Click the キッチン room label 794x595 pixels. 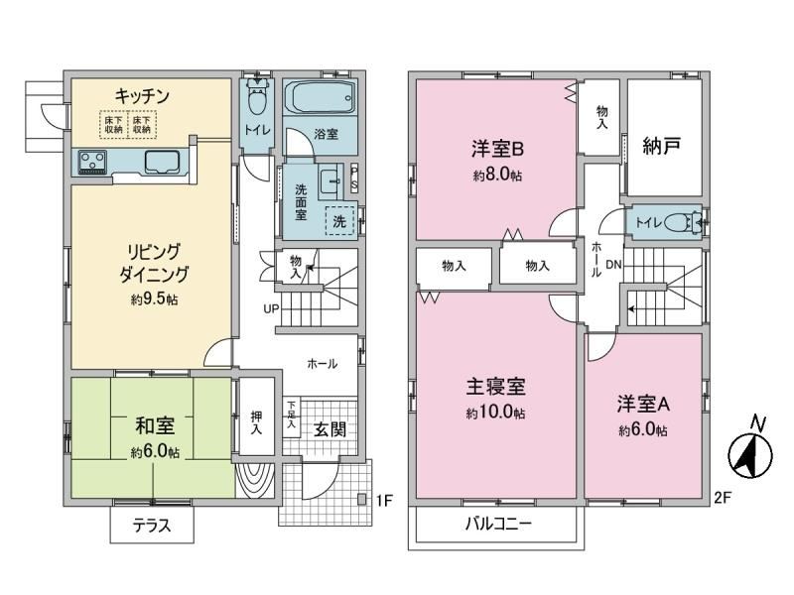pos(141,95)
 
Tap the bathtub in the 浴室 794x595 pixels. pos(320,97)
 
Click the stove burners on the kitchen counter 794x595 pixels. pos(92,163)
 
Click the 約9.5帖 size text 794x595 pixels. pos(155,299)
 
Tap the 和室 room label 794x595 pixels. pos(155,425)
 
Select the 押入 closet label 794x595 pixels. pos(257,423)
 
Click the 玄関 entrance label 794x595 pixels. pos(330,429)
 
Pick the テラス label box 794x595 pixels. pos(152,525)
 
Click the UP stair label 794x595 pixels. pos(271,308)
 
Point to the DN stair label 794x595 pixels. pos(613,264)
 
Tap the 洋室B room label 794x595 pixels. pos(497,150)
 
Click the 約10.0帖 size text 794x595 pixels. pos(495,413)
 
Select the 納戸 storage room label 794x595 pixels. pos(661,146)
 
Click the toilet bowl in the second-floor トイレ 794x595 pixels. pos(680,222)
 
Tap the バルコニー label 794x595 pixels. pos(498,523)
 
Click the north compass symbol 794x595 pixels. pos(750,452)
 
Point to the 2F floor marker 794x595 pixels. pos(723,498)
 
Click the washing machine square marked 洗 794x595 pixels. pos(339,221)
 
